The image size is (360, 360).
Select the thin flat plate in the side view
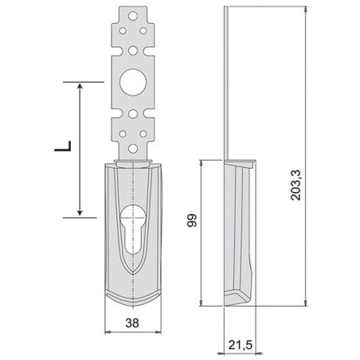[x=227, y=80]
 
